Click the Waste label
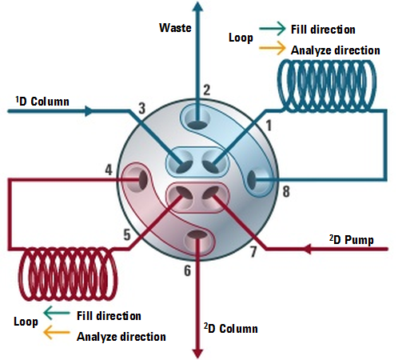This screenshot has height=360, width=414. pyautogui.click(x=175, y=28)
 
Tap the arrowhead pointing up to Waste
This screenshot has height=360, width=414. pyautogui.click(x=197, y=7)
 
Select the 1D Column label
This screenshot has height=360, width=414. pyautogui.click(x=42, y=102)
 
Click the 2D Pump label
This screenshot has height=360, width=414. pyautogui.click(x=352, y=240)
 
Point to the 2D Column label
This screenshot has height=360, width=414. pyautogui.click(x=231, y=328)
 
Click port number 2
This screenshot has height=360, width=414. pyautogui.click(x=207, y=90)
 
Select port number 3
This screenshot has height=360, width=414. pyautogui.click(x=142, y=108)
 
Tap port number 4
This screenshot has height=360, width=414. pyautogui.click(x=109, y=170)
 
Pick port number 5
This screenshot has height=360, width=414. pyautogui.click(x=127, y=234)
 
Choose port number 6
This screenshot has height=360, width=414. pyautogui.click(x=188, y=270)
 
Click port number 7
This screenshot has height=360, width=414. pyautogui.click(x=253, y=251)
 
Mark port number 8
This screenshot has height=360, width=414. pyautogui.click(x=286, y=192)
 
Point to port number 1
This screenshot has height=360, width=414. pyautogui.click(x=269, y=126)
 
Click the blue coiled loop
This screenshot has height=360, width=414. pyautogui.click(x=327, y=86)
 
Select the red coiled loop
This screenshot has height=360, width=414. pyautogui.click(x=68, y=274)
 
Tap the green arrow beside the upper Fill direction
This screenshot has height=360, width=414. pyautogui.click(x=272, y=28)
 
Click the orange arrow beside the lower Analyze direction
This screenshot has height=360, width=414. pyautogui.click(x=56, y=332)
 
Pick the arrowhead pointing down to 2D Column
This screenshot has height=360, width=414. pyautogui.click(x=197, y=354)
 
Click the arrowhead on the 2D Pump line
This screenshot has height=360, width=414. pyautogui.click(x=308, y=249)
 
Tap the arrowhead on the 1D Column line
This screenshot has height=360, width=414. pyautogui.click(x=89, y=111)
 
